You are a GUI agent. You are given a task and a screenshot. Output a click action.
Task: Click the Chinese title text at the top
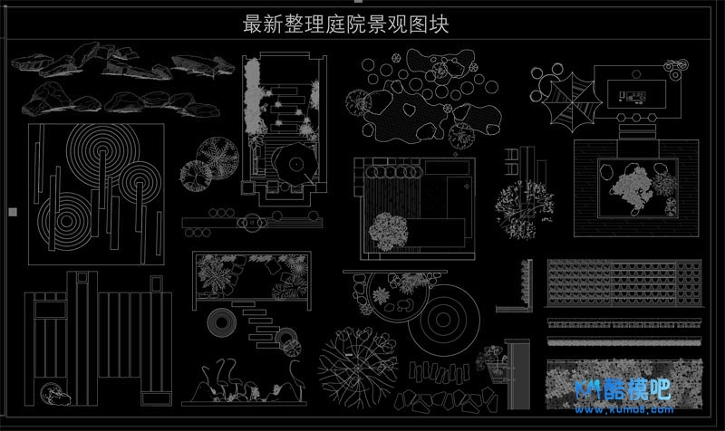(346, 24)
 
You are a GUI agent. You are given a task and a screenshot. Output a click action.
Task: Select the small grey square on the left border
(12, 212)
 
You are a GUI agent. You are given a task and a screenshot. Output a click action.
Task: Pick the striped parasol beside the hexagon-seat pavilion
(569, 98)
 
